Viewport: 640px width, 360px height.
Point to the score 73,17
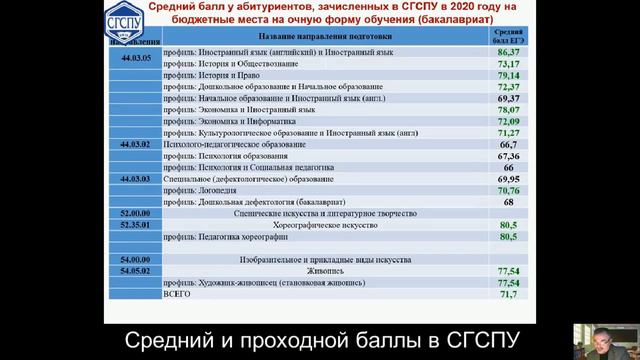pos(507,62)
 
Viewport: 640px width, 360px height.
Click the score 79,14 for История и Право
pos(507,75)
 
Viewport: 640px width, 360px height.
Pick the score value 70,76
pos(507,189)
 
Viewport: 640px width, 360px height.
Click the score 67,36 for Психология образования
pos(507,156)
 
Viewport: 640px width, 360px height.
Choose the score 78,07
pos(507,110)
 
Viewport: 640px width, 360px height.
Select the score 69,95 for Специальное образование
pos(507,178)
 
